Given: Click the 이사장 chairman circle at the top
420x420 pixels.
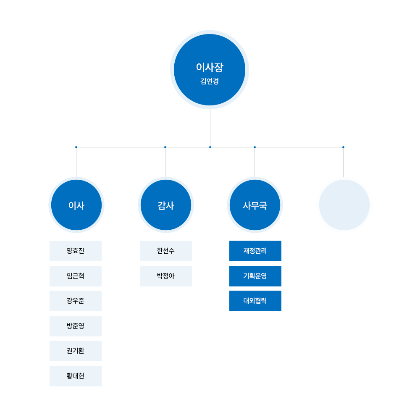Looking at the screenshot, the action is coord(210,70).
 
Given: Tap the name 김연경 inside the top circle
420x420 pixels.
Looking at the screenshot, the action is coord(210,81).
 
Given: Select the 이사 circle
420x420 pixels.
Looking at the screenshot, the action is coord(76,205).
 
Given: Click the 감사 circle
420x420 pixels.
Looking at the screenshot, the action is coord(166,205).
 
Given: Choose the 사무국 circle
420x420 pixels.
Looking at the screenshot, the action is coord(255,205).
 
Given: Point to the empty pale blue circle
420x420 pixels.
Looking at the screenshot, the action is coord(344,205).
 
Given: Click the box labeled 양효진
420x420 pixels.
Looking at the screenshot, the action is coord(76,251).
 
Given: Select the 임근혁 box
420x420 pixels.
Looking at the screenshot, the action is coord(76,276).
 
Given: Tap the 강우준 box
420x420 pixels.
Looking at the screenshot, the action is coord(76,301).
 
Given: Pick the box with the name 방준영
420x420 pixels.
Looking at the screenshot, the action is coord(76,326).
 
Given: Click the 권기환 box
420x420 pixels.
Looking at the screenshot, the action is coord(76,351).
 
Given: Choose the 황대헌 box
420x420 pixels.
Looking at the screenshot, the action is coord(76,376).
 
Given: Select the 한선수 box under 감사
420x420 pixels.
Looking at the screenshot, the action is coord(166,251).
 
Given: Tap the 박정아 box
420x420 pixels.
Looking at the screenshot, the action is coord(166,276).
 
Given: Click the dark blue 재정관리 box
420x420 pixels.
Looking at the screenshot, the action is coord(255,251).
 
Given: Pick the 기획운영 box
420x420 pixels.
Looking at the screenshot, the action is coord(255,276).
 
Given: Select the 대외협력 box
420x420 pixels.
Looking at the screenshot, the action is coord(255,301).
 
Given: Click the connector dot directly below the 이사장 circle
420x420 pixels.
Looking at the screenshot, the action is coord(210,147).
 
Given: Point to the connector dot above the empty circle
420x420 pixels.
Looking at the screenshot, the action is coord(344,147).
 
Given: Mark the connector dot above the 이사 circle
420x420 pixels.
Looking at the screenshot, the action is coord(76,147).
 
